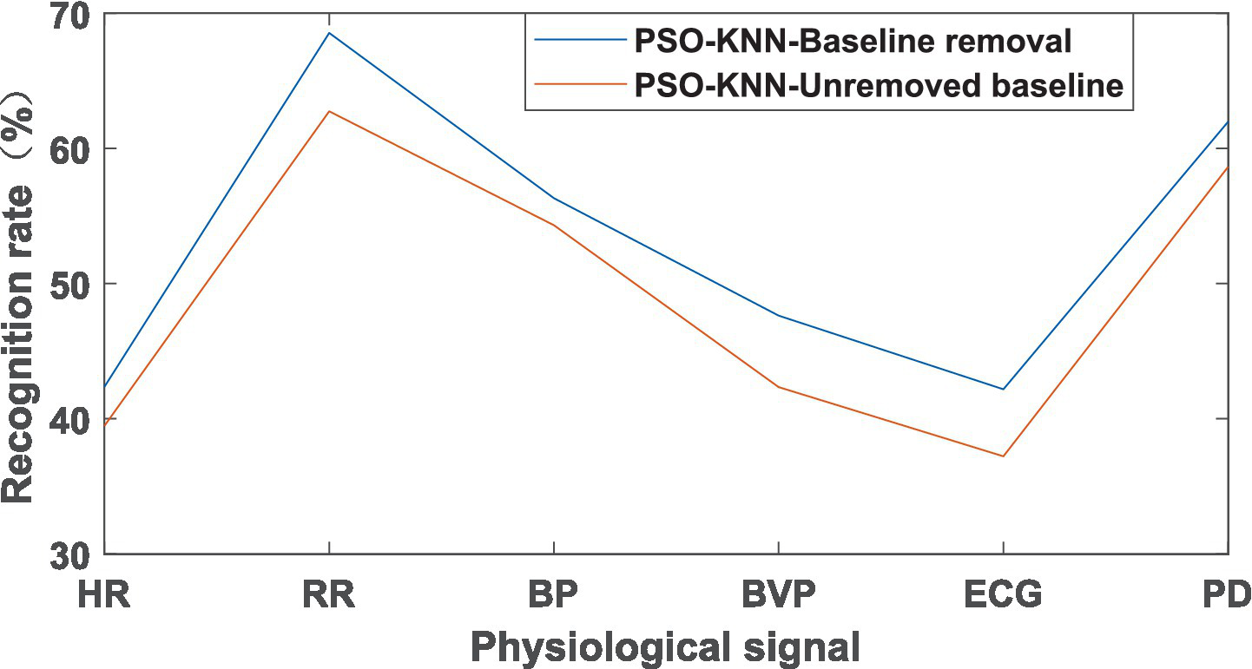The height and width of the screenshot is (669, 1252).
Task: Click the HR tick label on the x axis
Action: pyautogui.click(x=103, y=597)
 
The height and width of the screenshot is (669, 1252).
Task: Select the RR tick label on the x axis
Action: pyautogui.click(x=329, y=597)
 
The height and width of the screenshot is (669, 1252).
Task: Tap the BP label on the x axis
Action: pyautogui.click(x=554, y=597)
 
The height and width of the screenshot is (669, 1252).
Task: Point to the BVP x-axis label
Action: pyautogui.click(x=778, y=597)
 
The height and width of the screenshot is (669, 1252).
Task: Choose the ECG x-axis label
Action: pyautogui.click(x=1003, y=597)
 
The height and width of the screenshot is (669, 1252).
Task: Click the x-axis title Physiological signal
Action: pyautogui.click(x=665, y=647)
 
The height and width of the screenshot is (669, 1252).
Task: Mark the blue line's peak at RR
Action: pyautogui.click(x=329, y=33)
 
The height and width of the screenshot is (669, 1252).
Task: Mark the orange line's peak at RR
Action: pyautogui.click(x=329, y=111)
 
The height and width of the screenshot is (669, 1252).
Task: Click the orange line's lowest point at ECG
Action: pyautogui.click(x=1003, y=456)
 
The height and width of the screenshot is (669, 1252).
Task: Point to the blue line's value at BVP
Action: pyautogui.click(x=778, y=315)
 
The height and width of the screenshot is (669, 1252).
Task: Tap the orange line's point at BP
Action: pyautogui.click(x=554, y=225)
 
